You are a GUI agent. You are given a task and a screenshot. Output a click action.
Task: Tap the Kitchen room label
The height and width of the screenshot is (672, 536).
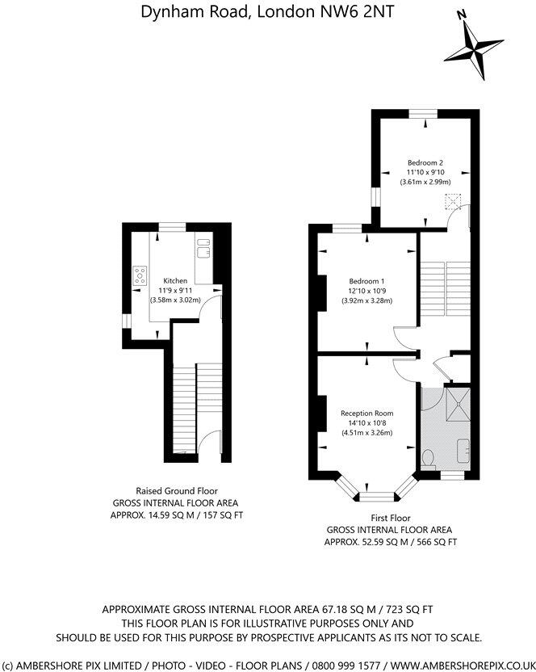click(175, 281)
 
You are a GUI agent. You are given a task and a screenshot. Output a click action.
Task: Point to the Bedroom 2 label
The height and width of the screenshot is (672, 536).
click(424, 162)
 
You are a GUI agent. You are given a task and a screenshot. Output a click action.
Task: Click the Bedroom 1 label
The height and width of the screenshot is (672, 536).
click(366, 281)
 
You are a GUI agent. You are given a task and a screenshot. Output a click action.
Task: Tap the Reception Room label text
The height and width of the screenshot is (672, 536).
click(366, 413)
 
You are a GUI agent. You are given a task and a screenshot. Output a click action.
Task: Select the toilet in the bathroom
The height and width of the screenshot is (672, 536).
click(429, 460)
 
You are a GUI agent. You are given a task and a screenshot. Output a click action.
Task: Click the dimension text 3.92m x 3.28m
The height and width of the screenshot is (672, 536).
click(366, 301)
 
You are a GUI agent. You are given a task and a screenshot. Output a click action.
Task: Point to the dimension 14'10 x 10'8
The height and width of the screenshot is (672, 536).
click(366, 422)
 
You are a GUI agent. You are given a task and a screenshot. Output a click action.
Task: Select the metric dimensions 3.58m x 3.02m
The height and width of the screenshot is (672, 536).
click(175, 300)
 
